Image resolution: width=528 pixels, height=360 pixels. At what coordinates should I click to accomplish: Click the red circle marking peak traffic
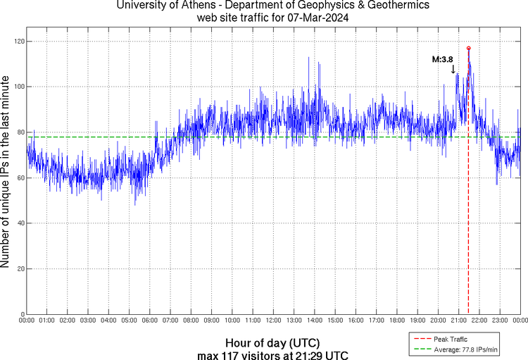[469, 49]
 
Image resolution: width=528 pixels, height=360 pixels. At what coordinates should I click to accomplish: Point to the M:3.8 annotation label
[442, 60]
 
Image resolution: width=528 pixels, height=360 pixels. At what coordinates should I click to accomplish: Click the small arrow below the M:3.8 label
[453, 69]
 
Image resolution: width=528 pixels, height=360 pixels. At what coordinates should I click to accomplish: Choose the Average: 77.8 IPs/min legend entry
[464, 349]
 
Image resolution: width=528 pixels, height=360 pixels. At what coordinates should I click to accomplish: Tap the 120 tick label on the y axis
[17, 42]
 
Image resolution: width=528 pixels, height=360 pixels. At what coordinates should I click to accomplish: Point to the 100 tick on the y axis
[17, 87]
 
